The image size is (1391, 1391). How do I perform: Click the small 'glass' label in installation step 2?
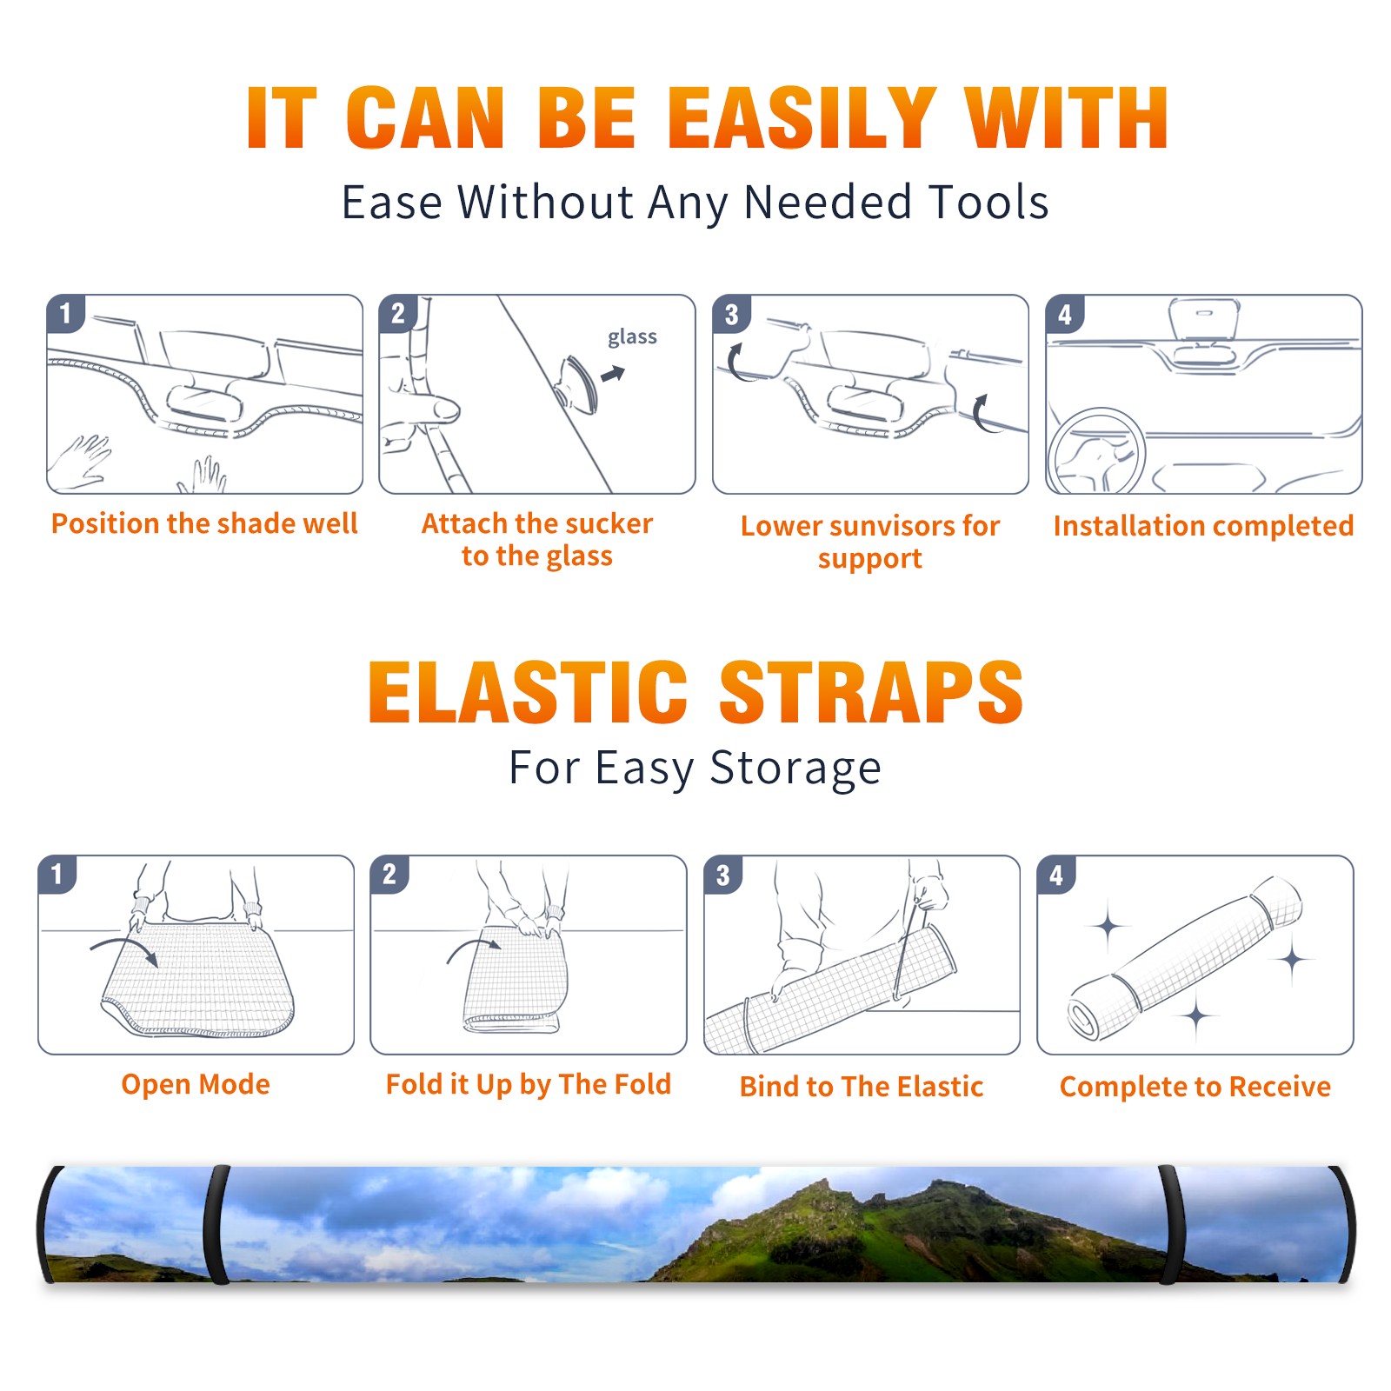[632, 337]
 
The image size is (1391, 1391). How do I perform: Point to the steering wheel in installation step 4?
[1096, 451]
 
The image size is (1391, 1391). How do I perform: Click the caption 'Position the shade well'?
[204, 523]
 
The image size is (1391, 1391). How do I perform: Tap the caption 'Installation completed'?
[1203, 526]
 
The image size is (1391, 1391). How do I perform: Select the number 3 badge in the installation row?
[732, 314]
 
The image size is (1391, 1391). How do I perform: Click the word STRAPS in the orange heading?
[871, 692]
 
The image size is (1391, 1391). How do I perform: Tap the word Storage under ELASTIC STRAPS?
[795, 769]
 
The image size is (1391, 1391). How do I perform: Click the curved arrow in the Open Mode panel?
[124, 949]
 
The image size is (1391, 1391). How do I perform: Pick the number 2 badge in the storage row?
[389, 874]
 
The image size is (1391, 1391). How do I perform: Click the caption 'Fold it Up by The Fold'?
[529, 1085]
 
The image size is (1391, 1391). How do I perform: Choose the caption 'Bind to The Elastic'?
[862, 1087]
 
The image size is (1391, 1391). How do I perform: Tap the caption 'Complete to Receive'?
[1195, 1087]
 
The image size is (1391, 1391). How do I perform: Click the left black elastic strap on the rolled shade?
[219, 1225]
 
